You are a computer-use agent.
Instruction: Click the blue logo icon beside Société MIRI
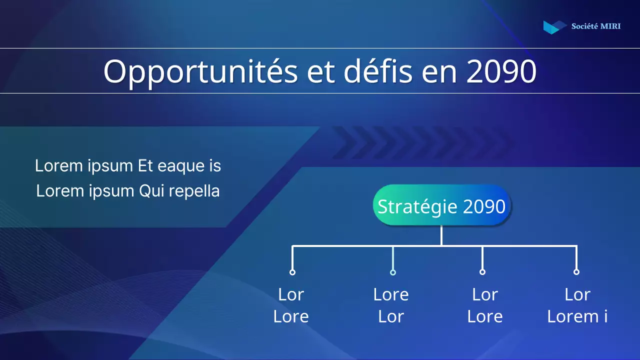coord(554,27)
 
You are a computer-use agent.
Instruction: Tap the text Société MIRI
coord(595,26)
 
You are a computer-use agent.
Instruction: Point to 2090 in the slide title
coord(501,71)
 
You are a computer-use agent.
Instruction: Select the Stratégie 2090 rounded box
coord(441,206)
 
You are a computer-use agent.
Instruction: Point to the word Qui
coord(152,191)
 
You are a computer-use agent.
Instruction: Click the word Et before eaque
coord(145,166)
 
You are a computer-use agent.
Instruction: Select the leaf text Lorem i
coord(577,316)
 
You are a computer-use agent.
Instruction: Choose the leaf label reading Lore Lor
coord(391,305)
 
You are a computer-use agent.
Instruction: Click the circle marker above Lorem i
coord(576,272)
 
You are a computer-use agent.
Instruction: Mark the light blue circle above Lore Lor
coord(393,272)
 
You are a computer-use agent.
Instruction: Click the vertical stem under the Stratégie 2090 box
coord(441,235)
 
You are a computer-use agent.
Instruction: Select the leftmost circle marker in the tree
coord(292,272)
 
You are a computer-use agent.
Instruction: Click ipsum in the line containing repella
coord(113,191)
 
